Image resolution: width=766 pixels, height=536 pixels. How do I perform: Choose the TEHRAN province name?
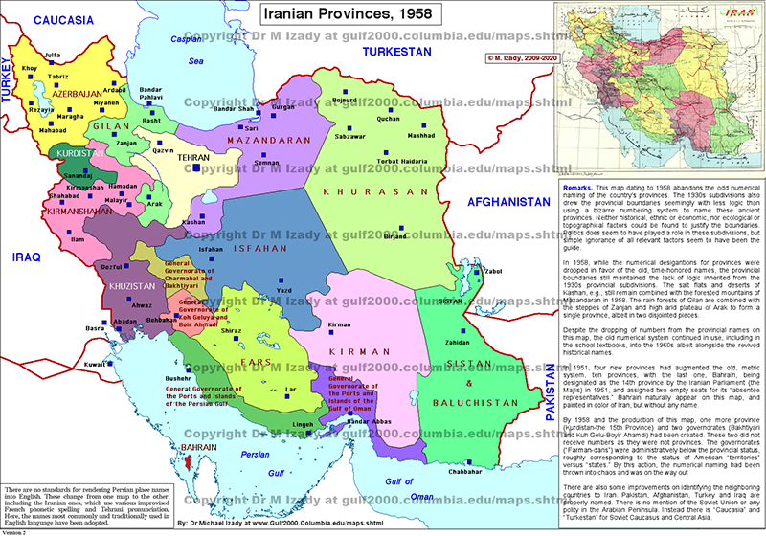(x=194, y=156)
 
